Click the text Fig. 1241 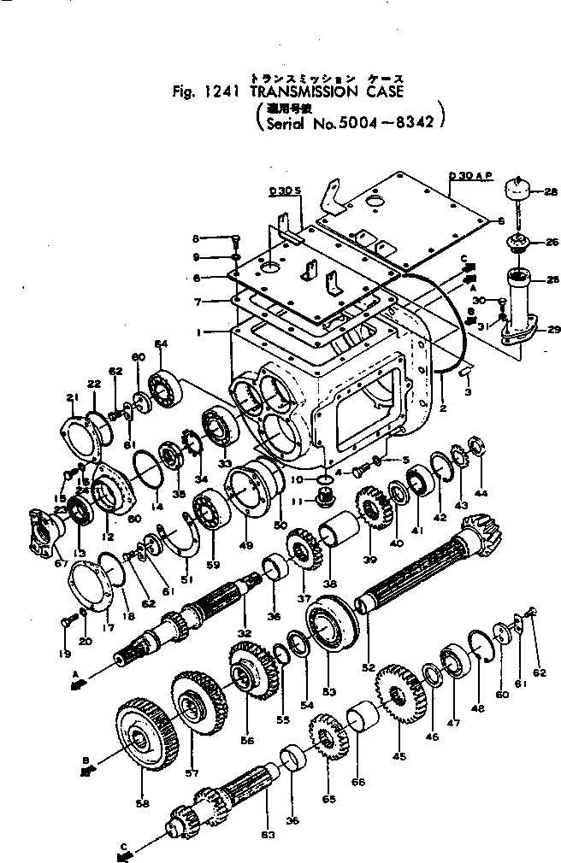point(203,91)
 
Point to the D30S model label point(286,191)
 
